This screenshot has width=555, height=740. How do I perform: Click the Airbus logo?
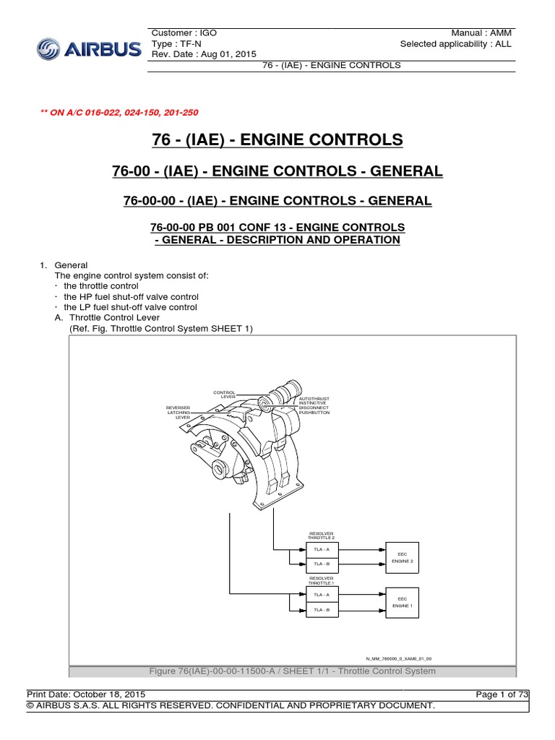88,49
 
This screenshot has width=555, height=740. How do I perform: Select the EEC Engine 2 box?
402,556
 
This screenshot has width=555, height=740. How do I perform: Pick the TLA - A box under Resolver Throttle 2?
321,550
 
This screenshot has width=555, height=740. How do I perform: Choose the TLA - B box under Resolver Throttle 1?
321,610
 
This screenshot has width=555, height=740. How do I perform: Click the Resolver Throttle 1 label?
321,580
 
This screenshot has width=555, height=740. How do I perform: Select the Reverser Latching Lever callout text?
178,412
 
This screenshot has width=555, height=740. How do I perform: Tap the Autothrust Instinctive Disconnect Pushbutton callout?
314,405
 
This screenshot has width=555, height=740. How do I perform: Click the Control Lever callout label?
224,395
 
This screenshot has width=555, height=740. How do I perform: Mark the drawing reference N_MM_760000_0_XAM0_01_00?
398,658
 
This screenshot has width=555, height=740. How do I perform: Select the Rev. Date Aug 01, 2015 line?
204,54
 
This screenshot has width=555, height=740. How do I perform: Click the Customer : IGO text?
184,33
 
